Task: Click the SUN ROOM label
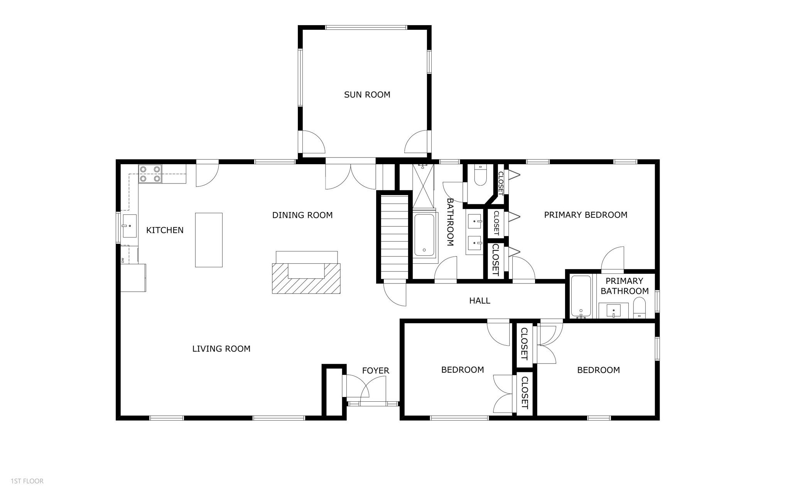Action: click(x=367, y=95)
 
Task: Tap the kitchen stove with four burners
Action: click(x=150, y=174)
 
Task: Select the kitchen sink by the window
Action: click(x=129, y=226)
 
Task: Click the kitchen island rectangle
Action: click(x=209, y=240)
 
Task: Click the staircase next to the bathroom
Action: click(x=395, y=236)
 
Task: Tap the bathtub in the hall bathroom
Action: click(x=424, y=235)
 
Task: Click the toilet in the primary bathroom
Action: click(x=639, y=308)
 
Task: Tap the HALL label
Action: click(x=479, y=300)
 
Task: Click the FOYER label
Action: click(x=375, y=371)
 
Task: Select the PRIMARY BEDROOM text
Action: click(x=585, y=215)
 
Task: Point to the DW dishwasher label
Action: click(x=123, y=260)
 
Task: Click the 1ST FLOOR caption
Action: click(x=27, y=481)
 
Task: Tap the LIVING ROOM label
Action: click(x=221, y=349)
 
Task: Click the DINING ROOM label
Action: click(x=302, y=215)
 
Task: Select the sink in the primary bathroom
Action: click(x=613, y=310)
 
